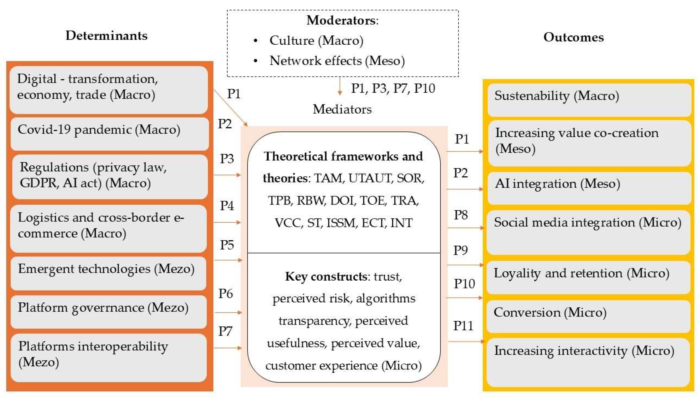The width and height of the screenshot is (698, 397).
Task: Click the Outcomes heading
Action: (x=573, y=37)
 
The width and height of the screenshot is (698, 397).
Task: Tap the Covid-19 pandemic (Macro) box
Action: (x=109, y=134)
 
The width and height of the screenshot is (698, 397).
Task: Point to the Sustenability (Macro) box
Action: (x=589, y=100)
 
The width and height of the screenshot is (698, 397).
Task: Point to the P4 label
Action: (x=227, y=206)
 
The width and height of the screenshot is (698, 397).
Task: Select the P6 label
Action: (x=225, y=294)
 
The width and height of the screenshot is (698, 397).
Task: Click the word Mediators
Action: (x=342, y=109)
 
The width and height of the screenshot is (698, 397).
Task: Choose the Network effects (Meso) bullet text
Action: (x=337, y=61)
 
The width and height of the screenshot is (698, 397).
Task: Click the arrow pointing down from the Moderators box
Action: (x=339, y=86)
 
